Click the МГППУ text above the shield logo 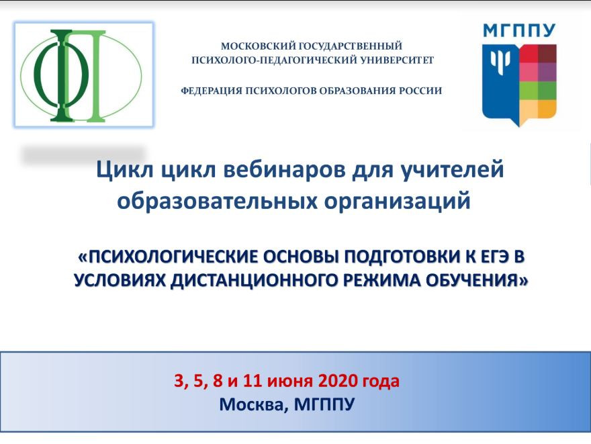(x=519, y=30)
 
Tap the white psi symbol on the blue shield (x=500, y=62)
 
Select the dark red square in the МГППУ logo (x=547, y=53)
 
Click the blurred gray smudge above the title (x=84, y=155)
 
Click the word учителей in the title (x=452, y=169)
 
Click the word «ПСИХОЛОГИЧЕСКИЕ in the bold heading (x=168, y=257)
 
